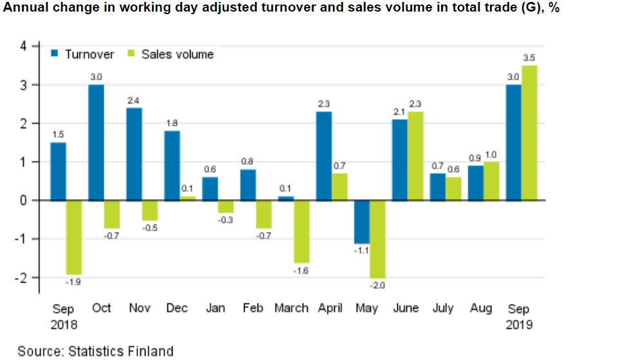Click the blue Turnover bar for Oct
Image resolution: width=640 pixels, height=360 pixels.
96,142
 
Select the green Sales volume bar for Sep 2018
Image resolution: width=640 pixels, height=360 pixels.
74,238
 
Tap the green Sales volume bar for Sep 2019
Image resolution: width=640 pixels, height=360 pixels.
529,133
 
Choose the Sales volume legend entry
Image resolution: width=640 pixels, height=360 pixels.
170,54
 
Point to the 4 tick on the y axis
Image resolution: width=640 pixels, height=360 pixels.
23,46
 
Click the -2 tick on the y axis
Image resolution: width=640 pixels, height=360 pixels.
21,278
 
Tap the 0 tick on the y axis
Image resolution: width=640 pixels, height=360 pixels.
23,200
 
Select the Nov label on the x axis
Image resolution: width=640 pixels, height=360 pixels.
139,308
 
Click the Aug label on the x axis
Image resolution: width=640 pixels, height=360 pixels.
482,308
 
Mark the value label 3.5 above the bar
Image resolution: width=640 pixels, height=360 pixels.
529,58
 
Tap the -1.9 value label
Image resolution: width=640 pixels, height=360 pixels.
74,282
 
